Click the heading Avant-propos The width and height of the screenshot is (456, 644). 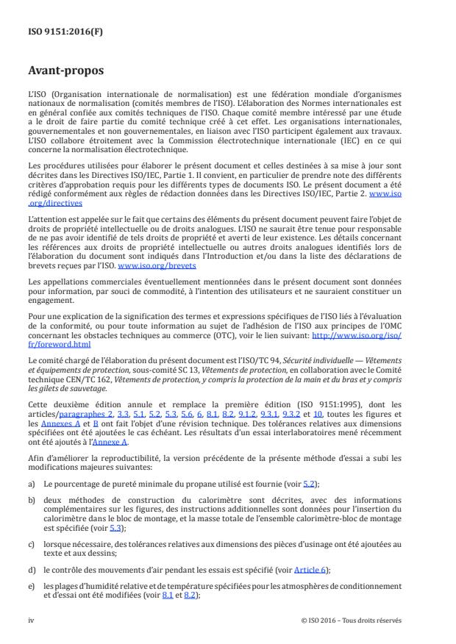click(x=66, y=71)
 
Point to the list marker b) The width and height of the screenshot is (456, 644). click(x=32, y=499)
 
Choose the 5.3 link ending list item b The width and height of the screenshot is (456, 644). click(x=115, y=528)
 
